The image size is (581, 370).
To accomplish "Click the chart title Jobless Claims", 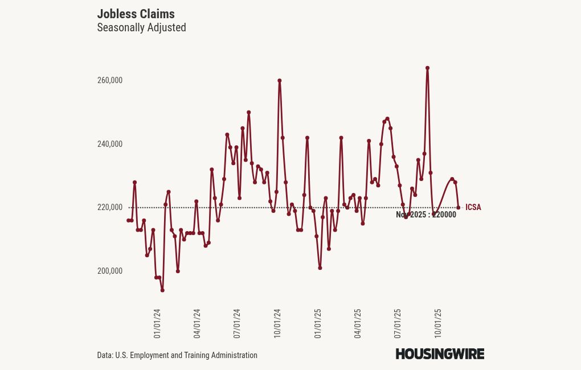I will click(136, 14).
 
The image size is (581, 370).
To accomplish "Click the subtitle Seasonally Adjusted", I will click(141, 27).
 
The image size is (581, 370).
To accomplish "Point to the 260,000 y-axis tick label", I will click(110, 80).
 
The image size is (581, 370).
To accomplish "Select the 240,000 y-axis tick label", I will click(110, 144).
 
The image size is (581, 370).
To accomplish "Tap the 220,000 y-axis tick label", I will click(110, 207).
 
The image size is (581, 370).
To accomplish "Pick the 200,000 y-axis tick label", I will click(110, 271).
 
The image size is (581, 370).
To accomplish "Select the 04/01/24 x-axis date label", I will click(197, 324).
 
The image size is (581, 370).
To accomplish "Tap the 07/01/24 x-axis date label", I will click(237, 324).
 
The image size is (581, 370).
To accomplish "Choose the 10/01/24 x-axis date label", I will click(277, 324).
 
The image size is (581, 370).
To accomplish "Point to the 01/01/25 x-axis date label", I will click(318, 324).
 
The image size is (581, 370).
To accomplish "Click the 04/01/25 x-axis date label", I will click(358, 324).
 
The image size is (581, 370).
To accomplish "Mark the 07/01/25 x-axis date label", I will click(398, 324).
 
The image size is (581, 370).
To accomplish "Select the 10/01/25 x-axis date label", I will click(438, 324).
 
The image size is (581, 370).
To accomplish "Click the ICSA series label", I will click(473, 207).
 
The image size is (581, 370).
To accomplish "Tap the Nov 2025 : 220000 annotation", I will click(426, 215).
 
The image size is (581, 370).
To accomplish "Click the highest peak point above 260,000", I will click(427, 68).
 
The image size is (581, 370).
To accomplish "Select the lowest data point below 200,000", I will click(162, 290).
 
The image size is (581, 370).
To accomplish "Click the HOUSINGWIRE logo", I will click(440, 354).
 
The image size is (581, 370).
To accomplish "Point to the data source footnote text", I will click(177, 355).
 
